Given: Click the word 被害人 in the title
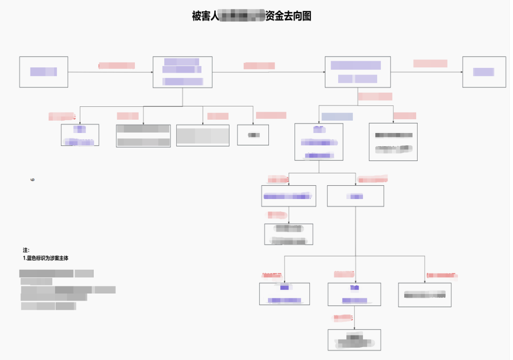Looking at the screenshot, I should tap(205, 16).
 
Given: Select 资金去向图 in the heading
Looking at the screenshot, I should tap(288, 16).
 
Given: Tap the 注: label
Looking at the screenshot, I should tap(26, 250).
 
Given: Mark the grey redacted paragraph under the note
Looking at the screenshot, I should tap(66, 290).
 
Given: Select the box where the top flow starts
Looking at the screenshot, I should tap(44, 72).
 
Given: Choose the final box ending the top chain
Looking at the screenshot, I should tap(484, 72).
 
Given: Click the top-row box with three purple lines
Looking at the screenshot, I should tap(182, 72).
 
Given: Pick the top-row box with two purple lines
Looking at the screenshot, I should tap(358, 72).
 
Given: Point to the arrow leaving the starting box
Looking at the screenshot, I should tap(110, 72).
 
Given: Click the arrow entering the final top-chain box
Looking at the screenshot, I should tap(426, 72).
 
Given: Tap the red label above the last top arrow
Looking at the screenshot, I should tap(430, 63).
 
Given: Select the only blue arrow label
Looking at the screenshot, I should tap(337, 116).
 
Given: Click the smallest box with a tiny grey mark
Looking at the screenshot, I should tap(253, 135).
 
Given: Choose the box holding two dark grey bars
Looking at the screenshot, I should tap(143, 136).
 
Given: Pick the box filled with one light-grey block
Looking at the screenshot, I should tap(203, 135).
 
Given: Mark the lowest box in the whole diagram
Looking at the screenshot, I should tap(354, 340).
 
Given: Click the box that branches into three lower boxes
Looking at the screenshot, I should tap(355, 196).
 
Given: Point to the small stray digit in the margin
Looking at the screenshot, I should tap(32, 180).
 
